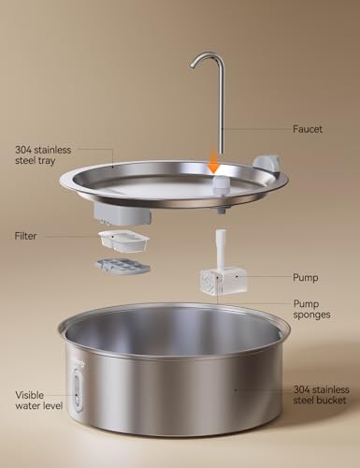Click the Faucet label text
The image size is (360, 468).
click(308, 129)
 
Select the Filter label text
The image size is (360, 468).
click(26, 236)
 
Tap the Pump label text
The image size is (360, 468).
click(306, 277)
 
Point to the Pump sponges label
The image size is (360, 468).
click(312, 310)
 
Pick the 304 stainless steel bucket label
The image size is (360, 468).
click(320, 394)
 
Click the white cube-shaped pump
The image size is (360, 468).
click(223, 281)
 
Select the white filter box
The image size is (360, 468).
click(123, 243)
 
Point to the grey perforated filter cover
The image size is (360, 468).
click(122, 268)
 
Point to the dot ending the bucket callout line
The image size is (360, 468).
click(234, 389)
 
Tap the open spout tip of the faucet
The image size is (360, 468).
click(193, 67)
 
